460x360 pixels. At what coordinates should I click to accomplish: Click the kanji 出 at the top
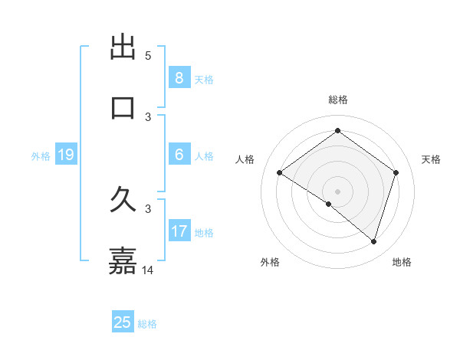click(123, 47)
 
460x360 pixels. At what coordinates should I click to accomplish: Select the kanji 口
click(123, 107)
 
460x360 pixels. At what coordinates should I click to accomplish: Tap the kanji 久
click(123, 201)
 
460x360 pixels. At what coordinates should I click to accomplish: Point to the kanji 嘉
click(123, 261)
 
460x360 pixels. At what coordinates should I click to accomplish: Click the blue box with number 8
click(179, 78)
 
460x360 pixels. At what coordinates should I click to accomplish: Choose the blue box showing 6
click(179, 155)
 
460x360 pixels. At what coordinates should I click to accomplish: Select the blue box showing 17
click(179, 231)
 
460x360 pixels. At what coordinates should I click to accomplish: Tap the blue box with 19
click(65, 155)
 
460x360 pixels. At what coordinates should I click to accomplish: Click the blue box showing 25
click(123, 322)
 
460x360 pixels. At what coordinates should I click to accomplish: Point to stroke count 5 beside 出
click(148, 56)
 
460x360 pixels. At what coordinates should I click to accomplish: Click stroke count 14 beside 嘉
click(148, 270)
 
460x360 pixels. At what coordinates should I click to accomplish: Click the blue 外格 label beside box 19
click(41, 156)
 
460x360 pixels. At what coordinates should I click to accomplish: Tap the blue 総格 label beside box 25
click(147, 323)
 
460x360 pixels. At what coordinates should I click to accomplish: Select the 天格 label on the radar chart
click(432, 159)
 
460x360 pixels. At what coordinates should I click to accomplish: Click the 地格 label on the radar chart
click(402, 262)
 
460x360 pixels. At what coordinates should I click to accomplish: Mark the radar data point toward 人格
click(280, 173)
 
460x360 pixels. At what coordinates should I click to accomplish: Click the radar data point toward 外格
click(329, 204)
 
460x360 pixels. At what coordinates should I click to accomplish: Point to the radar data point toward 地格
click(373, 241)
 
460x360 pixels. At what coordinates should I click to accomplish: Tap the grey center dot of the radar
click(338, 191)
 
